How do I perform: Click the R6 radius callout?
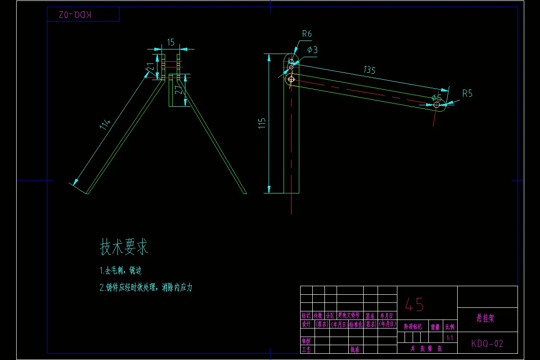(x=307, y=34)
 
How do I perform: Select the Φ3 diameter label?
(x=312, y=50)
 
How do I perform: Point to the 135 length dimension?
(x=369, y=70)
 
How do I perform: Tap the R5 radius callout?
(x=467, y=94)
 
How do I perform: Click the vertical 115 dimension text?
(x=262, y=124)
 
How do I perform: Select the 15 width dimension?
(x=171, y=42)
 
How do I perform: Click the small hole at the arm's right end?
(x=436, y=104)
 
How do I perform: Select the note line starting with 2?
(x=146, y=288)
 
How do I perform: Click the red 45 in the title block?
(x=414, y=305)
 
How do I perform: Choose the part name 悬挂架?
(x=486, y=319)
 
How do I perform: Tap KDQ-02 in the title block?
(x=487, y=344)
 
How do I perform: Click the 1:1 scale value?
(x=449, y=337)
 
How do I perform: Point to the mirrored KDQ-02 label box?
(x=83, y=15)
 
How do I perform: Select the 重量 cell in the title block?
(x=435, y=327)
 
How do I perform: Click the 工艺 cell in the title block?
(x=306, y=349)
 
